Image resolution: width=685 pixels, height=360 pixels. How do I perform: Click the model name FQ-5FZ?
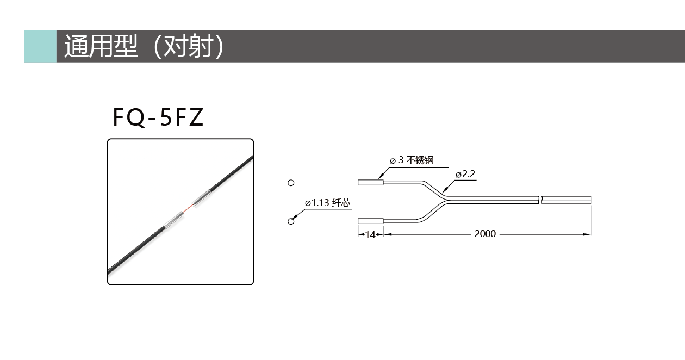[158, 117]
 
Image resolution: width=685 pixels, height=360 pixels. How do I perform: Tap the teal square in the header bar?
[40, 46]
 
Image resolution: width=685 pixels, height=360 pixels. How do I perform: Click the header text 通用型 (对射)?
[144, 46]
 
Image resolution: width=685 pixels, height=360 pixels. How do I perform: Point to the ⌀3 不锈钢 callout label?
[412, 160]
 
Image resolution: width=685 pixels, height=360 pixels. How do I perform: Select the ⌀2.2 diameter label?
[465, 174]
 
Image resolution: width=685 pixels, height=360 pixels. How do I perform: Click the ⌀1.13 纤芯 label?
[327, 202]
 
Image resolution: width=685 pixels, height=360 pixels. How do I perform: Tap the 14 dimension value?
[370, 234]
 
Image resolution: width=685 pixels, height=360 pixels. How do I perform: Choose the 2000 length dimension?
[485, 234]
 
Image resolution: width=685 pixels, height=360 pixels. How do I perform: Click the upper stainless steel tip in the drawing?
[371, 183]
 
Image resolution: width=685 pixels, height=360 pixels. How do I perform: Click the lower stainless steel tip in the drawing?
[371, 221]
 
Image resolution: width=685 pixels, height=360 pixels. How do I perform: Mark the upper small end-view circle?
[291, 183]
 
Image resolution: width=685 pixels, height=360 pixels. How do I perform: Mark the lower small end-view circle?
[291, 221]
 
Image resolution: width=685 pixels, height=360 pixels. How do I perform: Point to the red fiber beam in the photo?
[188, 209]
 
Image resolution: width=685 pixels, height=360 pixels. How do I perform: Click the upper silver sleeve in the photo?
[202, 198]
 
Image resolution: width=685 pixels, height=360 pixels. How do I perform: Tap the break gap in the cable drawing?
[540, 200]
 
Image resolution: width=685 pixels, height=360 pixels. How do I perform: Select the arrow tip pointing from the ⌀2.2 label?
[443, 192]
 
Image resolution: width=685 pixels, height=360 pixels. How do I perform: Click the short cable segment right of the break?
[566, 200]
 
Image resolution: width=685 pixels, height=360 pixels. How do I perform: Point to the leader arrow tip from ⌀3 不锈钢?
[378, 178]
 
